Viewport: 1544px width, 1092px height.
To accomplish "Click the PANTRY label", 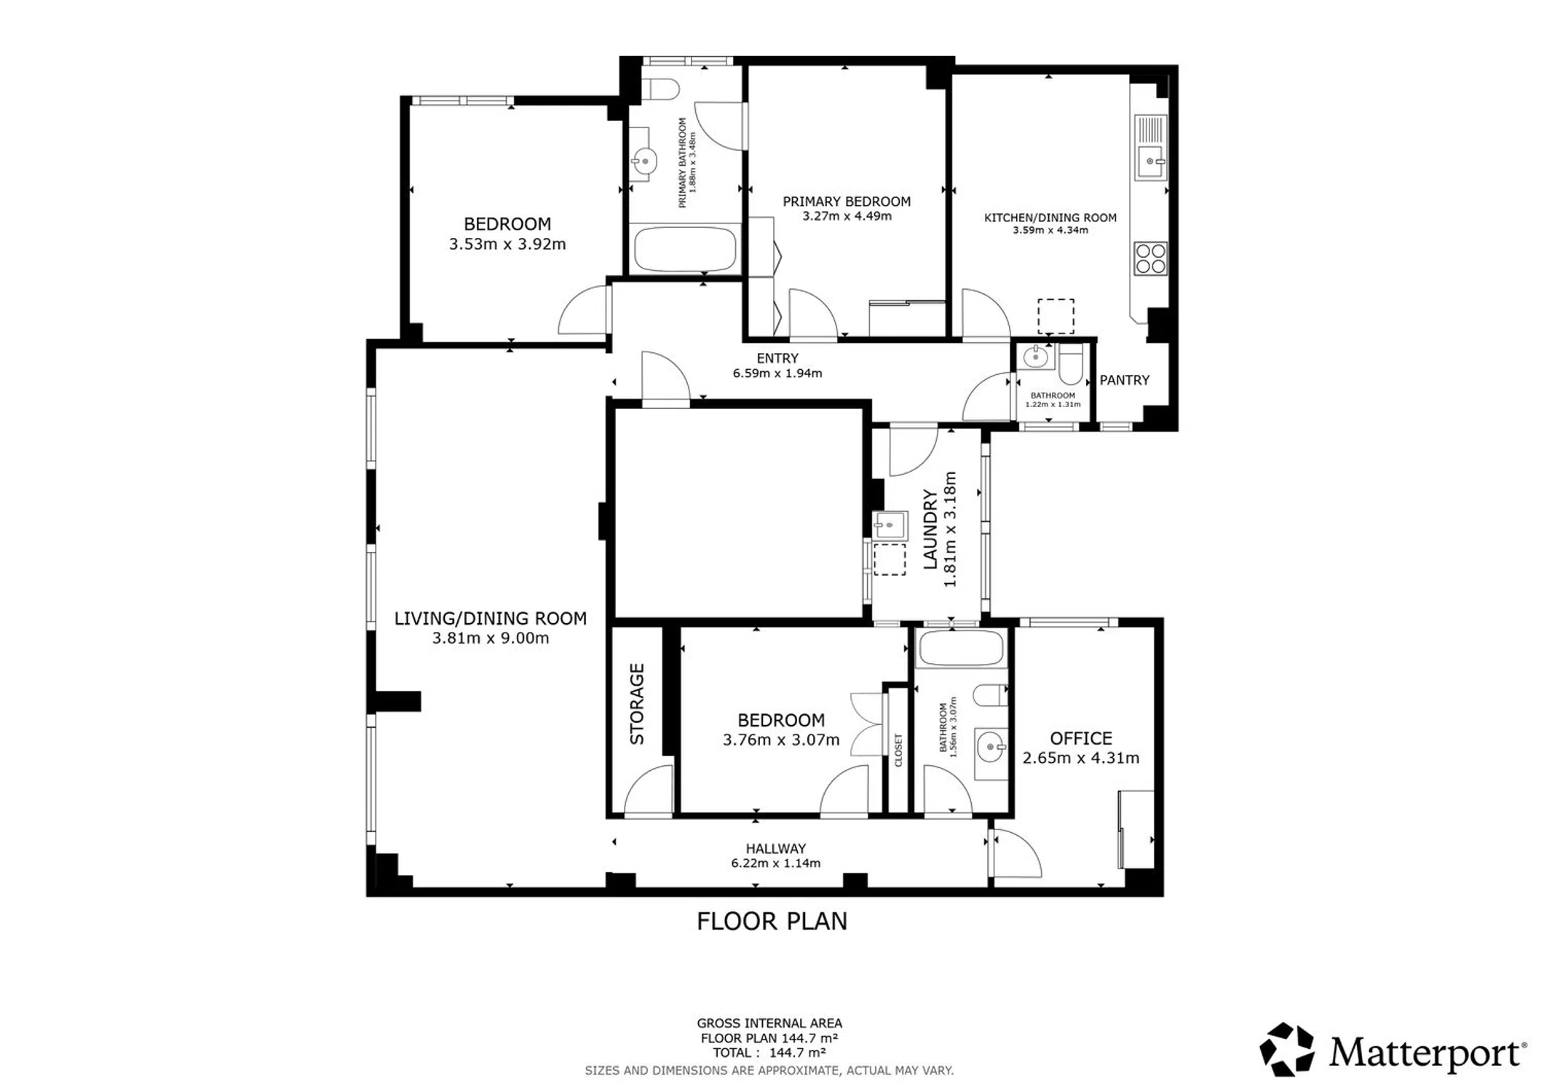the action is click(x=1124, y=380).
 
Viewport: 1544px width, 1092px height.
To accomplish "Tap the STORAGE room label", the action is click(x=637, y=704).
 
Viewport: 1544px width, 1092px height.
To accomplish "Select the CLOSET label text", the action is click(x=898, y=750).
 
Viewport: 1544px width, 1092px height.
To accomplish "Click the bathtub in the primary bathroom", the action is click(x=684, y=250).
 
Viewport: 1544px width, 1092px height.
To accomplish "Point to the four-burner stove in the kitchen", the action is click(x=1150, y=258).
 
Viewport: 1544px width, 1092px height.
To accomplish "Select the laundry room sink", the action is click(x=890, y=525).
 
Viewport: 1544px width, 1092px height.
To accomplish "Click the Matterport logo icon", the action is click(x=1287, y=1049).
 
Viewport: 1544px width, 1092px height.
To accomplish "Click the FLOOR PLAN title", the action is click(x=772, y=922).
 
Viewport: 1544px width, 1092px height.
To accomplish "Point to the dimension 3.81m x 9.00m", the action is click(x=491, y=638).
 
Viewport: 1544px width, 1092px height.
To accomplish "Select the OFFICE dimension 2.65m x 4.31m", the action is click(x=1081, y=758).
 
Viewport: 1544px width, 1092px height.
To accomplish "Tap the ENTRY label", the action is click(x=777, y=358).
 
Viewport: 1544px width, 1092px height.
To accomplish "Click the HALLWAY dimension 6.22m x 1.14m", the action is click(x=776, y=863).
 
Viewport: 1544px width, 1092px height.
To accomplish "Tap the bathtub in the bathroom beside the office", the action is click(x=961, y=648).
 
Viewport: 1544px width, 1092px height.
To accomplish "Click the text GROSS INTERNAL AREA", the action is click(x=769, y=1023).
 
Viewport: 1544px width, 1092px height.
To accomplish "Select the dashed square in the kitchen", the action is click(x=1056, y=316).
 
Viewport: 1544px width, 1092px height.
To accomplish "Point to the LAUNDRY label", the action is click(x=930, y=529).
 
